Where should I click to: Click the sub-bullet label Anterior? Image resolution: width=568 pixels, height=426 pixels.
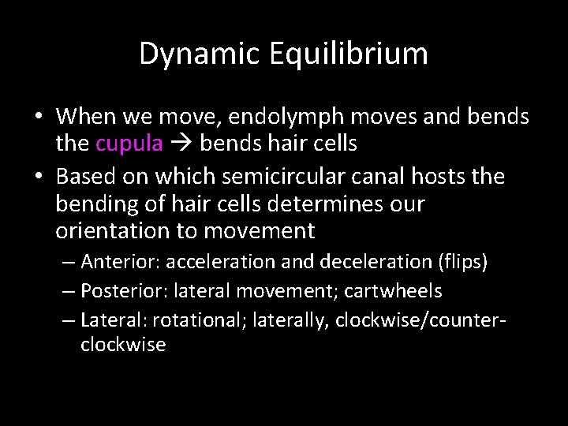pos(116,261)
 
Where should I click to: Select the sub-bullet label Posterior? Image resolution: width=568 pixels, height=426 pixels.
pos(119,291)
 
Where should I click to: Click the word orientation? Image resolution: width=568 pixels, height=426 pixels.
pos(111,232)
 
